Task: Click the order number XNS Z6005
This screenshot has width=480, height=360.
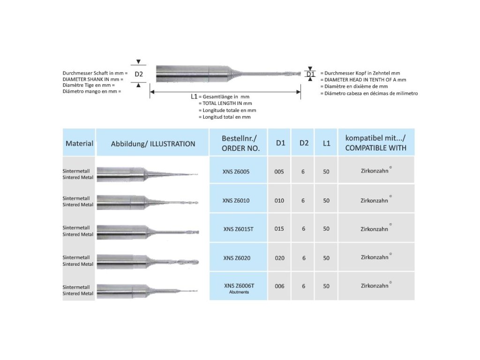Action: point(236,172)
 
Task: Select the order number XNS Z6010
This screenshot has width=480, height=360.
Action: point(236,201)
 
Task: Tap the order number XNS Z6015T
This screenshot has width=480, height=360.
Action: point(239,229)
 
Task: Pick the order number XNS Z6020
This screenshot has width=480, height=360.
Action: point(237,258)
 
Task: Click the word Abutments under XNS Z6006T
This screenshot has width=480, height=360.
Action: point(239,292)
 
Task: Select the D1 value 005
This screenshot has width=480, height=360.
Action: point(279,172)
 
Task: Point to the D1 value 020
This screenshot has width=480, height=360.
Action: point(279,258)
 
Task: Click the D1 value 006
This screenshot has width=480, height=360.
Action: point(279,286)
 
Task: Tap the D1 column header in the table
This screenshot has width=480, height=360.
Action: point(280,143)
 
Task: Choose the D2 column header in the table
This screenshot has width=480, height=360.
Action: point(304,143)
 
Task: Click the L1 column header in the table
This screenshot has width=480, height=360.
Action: point(326,143)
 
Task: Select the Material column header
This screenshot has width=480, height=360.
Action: point(79,143)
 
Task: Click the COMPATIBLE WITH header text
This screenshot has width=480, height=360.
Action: point(376,148)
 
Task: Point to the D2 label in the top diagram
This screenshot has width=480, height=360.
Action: point(138,75)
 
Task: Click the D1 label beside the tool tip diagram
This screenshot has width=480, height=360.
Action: point(310,74)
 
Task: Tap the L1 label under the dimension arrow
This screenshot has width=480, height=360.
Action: point(194,96)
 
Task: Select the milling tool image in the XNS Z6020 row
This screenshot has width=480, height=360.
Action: point(148,258)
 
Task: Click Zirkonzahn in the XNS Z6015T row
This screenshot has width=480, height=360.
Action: point(374,229)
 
